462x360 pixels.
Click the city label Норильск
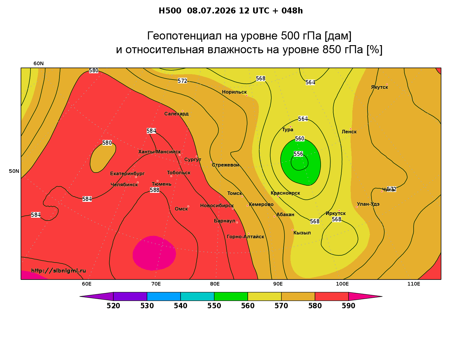[x=234, y=92]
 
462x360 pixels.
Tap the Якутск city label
[x=379, y=87]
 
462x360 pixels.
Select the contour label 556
[x=298, y=154]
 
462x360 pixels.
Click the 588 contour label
[x=154, y=190]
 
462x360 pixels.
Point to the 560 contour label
[x=299, y=139]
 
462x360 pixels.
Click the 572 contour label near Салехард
[x=182, y=81]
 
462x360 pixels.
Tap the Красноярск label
[x=285, y=193]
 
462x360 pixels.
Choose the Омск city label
[x=181, y=209]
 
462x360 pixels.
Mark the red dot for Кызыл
[x=292, y=230]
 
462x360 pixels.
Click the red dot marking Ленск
[x=350, y=129]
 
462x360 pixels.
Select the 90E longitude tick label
[x=278, y=284]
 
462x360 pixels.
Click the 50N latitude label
[x=14, y=171]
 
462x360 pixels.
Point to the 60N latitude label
[x=39, y=63]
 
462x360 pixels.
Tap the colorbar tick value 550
[x=214, y=306]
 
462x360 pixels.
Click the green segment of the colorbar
[x=231, y=296]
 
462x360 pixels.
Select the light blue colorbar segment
[x=164, y=296]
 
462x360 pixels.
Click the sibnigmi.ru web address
[x=59, y=271]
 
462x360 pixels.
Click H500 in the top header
[x=170, y=11]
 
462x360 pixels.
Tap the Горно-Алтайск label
[x=245, y=237]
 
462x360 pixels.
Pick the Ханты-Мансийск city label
[x=160, y=152]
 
